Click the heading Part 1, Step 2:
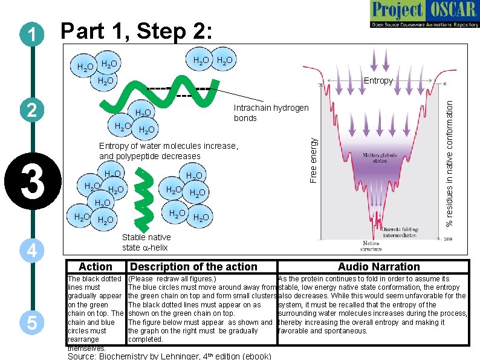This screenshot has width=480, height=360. click(x=137, y=31)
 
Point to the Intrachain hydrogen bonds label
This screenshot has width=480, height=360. click(x=270, y=113)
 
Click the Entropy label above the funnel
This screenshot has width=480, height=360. click(x=378, y=80)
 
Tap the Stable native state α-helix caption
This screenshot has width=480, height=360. click(x=146, y=242)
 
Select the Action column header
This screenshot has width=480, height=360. click(x=96, y=267)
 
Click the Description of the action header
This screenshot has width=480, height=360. click(x=193, y=267)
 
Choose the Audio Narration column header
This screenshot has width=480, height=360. click(x=378, y=267)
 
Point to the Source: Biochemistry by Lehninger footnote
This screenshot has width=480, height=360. click(x=169, y=355)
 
